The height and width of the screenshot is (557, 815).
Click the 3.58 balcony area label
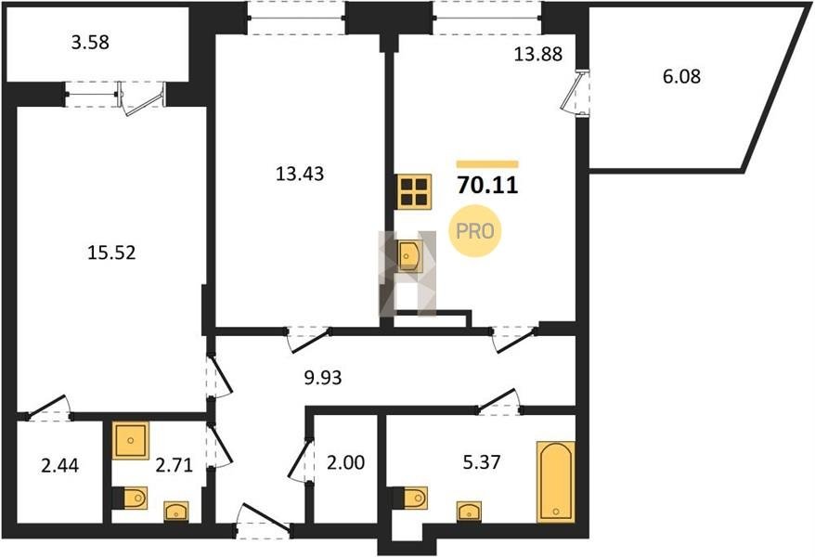coord(90,42)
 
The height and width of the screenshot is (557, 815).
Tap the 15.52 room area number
coord(111,253)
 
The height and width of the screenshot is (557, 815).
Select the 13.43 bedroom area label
coord(300,174)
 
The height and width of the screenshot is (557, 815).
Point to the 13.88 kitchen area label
coord(538,54)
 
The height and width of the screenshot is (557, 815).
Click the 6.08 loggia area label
coord(681,76)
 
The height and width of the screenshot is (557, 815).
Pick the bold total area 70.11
coord(487,185)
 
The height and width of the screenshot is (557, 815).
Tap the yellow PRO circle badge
coord(474,231)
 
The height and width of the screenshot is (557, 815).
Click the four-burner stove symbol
coord(414,192)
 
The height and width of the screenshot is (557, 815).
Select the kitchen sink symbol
coord(409,256)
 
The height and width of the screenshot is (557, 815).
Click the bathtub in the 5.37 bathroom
coord(556,481)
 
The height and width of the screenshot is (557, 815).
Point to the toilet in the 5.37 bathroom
coord(410,499)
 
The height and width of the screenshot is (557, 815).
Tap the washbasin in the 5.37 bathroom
coord(469,512)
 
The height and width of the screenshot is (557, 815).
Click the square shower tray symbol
coord(131,441)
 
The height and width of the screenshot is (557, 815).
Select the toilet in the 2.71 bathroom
coord(130,499)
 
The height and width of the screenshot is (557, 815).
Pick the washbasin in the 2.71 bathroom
coord(176,512)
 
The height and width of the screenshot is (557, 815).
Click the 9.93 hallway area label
coord(323,377)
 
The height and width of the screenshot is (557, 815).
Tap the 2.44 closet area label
coord(59,465)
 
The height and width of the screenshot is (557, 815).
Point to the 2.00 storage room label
coord(345,462)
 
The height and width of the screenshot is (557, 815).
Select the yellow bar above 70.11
coord(487,164)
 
